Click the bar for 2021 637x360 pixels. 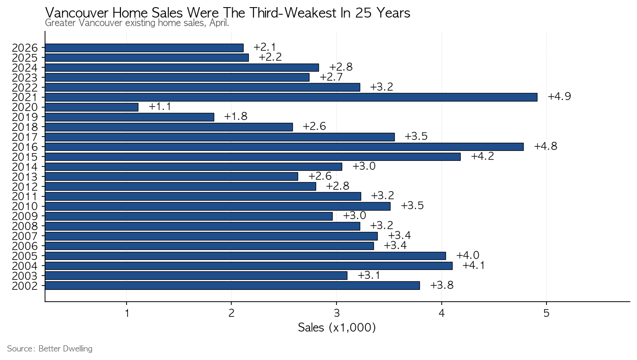tap(291, 97)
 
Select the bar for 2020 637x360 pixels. tap(91, 107)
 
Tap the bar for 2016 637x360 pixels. tap(284, 147)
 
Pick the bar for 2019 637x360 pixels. tap(130, 117)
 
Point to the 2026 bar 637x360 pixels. tap(144, 48)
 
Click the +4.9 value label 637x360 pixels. tap(559, 97)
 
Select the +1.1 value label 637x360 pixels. tap(160, 107)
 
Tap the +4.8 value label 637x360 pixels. tap(546, 146)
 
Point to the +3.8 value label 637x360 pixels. tap(442, 285)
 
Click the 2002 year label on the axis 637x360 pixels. tap(25, 286)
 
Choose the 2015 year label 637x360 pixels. tap(25, 157)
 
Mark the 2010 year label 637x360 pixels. tap(25, 207)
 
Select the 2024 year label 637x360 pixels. tap(25, 68)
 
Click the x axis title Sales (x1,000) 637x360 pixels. tap(337, 328)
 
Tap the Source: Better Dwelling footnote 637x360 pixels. tap(50, 349)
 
